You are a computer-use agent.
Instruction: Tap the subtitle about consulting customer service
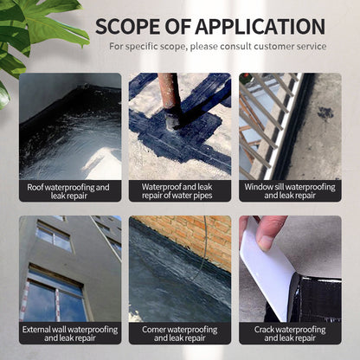(x=218, y=46)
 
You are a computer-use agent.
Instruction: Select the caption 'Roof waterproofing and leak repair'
(x=68, y=191)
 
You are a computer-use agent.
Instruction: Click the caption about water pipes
(x=179, y=191)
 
